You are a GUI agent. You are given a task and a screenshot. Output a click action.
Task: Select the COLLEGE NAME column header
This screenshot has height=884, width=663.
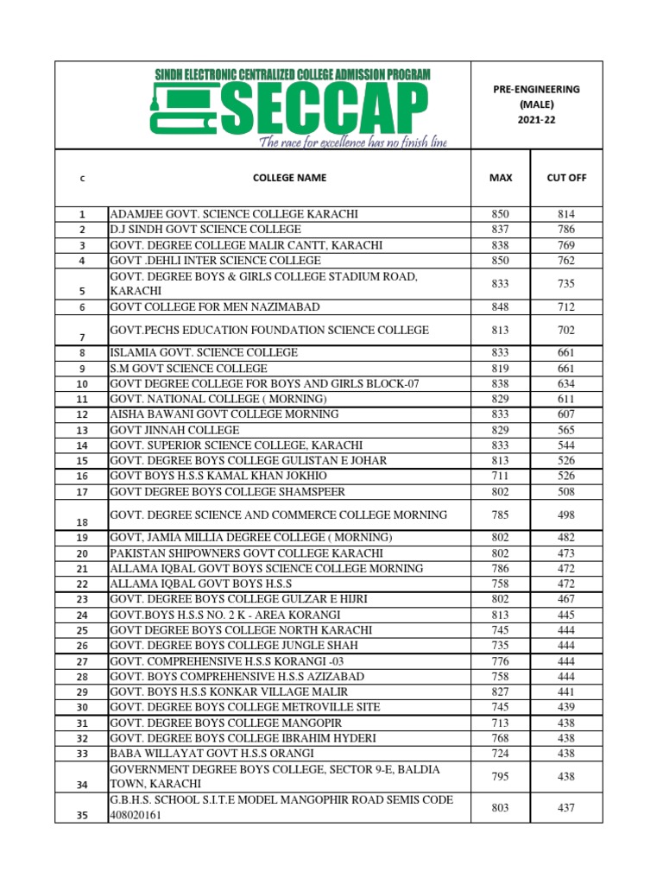[289, 178]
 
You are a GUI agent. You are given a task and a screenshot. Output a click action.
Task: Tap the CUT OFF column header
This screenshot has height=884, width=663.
[566, 178]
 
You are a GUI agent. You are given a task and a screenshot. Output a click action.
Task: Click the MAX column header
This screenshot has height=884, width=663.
[501, 178]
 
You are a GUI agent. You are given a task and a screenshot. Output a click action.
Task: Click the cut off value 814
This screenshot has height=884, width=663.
[566, 214]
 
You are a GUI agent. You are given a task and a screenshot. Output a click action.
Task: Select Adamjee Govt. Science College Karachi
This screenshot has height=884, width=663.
[234, 214]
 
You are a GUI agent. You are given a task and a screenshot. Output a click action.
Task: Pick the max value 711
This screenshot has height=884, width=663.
[501, 477]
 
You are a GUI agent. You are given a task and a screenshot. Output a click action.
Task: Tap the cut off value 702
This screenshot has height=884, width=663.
[566, 330]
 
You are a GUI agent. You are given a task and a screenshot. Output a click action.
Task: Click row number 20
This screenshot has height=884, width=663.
[82, 553]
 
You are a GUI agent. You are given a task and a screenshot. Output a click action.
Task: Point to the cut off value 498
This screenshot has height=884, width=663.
[566, 515]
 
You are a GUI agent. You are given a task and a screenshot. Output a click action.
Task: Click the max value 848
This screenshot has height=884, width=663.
[501, 307]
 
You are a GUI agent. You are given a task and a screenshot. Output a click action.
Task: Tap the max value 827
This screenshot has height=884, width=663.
[501, 691]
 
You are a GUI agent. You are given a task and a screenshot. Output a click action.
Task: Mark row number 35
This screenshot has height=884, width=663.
[82, 814]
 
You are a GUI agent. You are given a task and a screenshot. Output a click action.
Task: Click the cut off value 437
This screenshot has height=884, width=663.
[566, 808]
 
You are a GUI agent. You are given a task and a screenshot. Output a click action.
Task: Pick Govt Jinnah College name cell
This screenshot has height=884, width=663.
[175, 430]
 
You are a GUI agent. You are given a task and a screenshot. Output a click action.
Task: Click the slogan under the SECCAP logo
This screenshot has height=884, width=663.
[355, 142]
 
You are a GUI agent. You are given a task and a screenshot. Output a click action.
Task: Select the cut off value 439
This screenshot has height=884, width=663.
[566, 707]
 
